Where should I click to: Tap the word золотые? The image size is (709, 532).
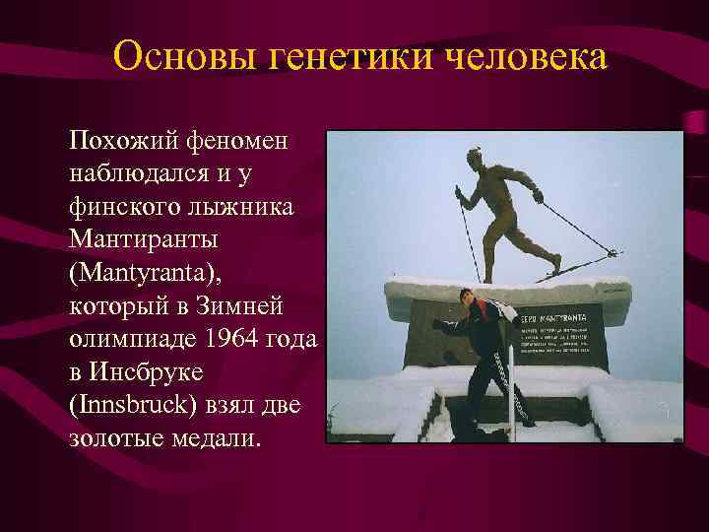(116, 436)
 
